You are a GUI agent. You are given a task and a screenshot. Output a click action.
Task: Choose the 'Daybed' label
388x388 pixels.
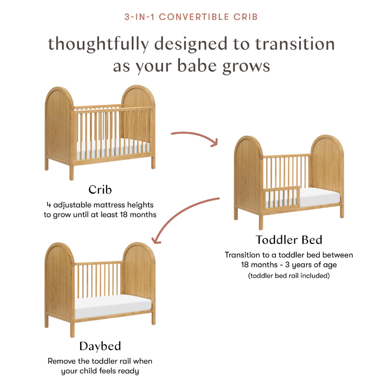(100, 346)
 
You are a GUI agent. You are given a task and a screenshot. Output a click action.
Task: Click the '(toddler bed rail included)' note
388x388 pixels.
(289, 276)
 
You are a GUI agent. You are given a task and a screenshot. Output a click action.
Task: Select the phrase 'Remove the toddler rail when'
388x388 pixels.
(100, 361)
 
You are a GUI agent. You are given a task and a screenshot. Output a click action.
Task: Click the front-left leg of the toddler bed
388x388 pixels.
(261, 221)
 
